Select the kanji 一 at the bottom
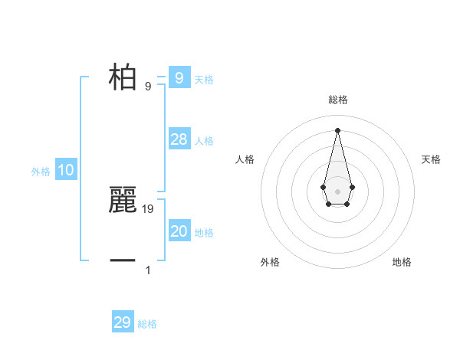(123, 260)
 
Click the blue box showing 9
(179, 77)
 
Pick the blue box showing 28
(179, 139)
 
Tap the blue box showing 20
(179, 231)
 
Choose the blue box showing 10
(65, 170)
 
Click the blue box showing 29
(123, 322)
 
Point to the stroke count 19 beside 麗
(148, 208)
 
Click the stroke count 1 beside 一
(148, 270)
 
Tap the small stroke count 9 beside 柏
(148, 86)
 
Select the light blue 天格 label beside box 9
(204, 80)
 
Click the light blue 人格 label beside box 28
(204, 141)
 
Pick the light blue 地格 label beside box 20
(204, 233)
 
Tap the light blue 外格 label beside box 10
(41, 172)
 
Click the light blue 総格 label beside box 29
(147, 324)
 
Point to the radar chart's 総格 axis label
(337, 100)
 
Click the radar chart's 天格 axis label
(432, 159)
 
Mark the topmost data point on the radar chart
(337, 129)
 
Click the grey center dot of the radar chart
(337, 191)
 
